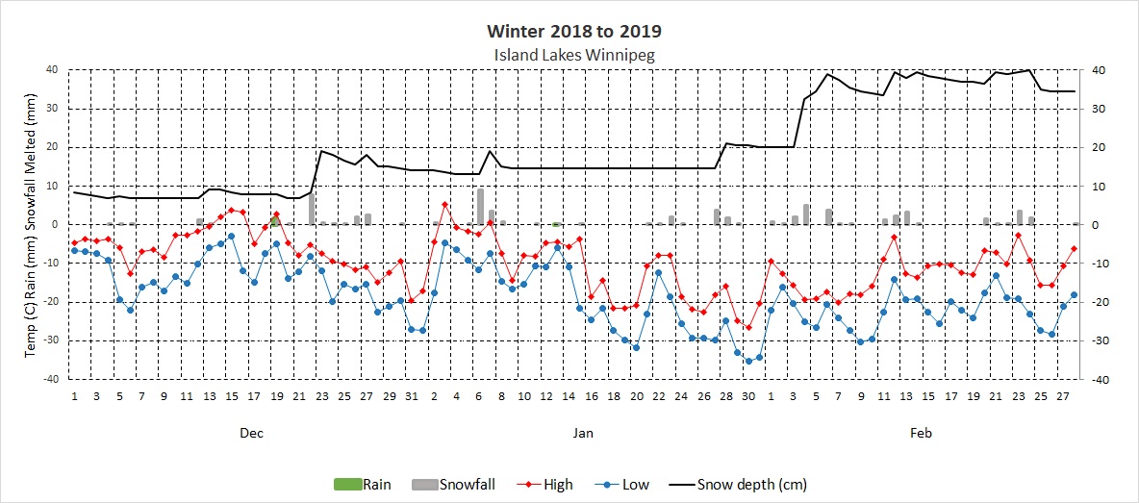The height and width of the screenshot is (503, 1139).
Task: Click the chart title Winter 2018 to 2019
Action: [x=574, y=32]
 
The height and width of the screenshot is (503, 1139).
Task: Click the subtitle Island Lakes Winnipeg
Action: [x=573, y=55]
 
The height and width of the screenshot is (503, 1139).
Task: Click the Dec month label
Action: [x=251, y=434]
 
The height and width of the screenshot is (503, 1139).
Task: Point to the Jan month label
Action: [x=583, y=434]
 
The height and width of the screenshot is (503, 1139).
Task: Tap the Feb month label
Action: [x=921, y=434]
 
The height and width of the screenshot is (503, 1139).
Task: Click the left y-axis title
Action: [x=31, y=224]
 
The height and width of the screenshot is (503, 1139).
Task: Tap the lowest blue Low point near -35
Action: [x=748, y=361]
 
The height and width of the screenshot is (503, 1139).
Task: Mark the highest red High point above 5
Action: [x=444, y=204]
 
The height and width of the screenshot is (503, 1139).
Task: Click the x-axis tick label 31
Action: [x=411, y=395]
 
